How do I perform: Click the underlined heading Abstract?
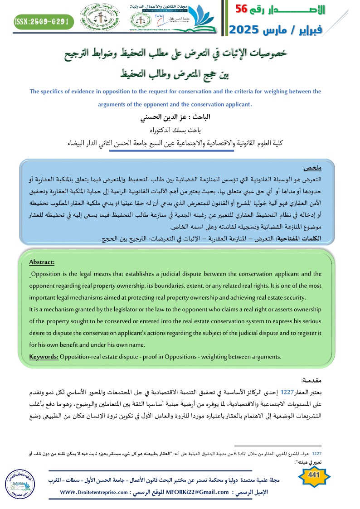(42, 262)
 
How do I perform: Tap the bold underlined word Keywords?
(44, 357)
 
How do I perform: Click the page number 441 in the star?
(313, 475)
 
